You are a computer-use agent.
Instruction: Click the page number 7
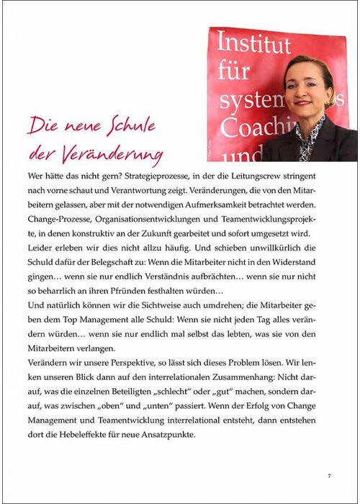pos(328,476)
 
